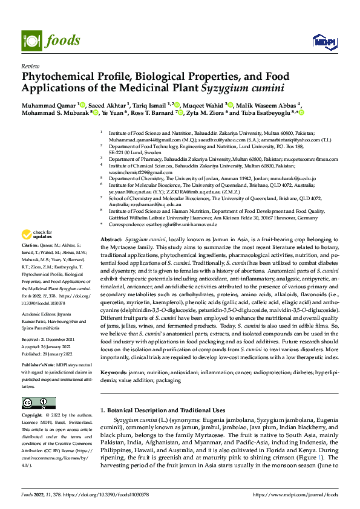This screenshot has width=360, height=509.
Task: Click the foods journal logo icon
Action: [31, 41]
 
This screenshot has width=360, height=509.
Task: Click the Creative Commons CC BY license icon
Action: [38, 403]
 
